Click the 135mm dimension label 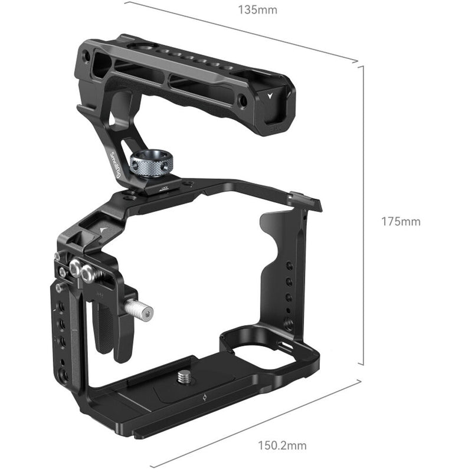(x=257, y=10)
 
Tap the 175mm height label (x=400, y=222)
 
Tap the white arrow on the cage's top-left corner (x=104, y=229)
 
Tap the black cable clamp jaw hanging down (x=123, y=336)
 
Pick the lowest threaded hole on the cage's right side (x=289, y=323)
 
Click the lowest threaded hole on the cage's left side (x=63, y=375)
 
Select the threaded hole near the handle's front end (x=242, y=101)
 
